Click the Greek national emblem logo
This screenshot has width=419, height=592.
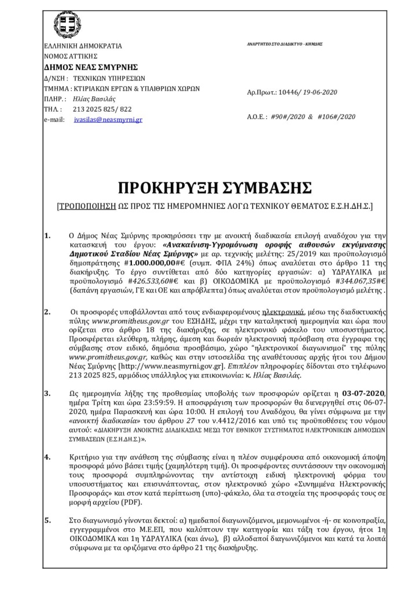click(x=68, y=24)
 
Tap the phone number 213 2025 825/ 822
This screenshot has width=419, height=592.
click(x=102, y=109)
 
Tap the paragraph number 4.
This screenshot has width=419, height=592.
click(x=47, y=457)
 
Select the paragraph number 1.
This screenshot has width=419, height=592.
click(x=47, y=235)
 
